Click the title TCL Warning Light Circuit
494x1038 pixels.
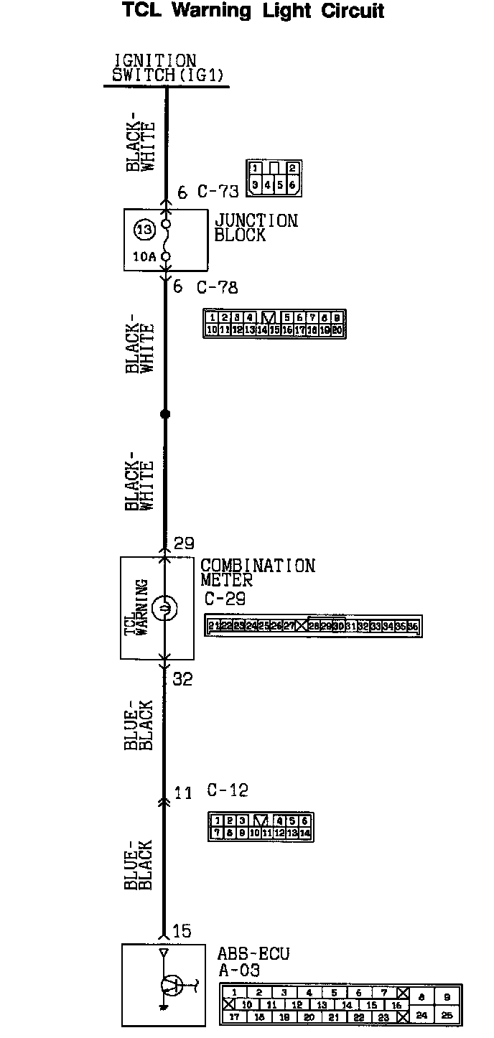click(253, 11)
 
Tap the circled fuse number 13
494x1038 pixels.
click(144, 230)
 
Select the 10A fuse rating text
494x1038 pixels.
click(144, 256)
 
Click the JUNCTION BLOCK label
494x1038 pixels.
click(256, 228)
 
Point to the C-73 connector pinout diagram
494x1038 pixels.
click(273, 177)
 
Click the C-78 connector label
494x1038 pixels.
click(217, 288)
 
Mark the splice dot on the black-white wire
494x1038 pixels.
click(165, 414)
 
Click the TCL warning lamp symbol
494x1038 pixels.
click(164, 609)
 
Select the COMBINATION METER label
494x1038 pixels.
click(257, 572)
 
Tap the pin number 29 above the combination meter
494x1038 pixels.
click(184, 543)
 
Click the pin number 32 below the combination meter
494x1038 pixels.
click(183, 679)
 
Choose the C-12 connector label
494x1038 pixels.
click(228, 790)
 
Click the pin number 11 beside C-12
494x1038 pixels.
click(183, 793)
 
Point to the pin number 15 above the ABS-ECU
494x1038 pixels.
click(182, 931)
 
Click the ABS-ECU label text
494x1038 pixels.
click(253, 954)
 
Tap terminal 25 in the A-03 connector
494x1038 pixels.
click(447, 1016)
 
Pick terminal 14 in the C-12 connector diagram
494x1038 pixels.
click(304, 833)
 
